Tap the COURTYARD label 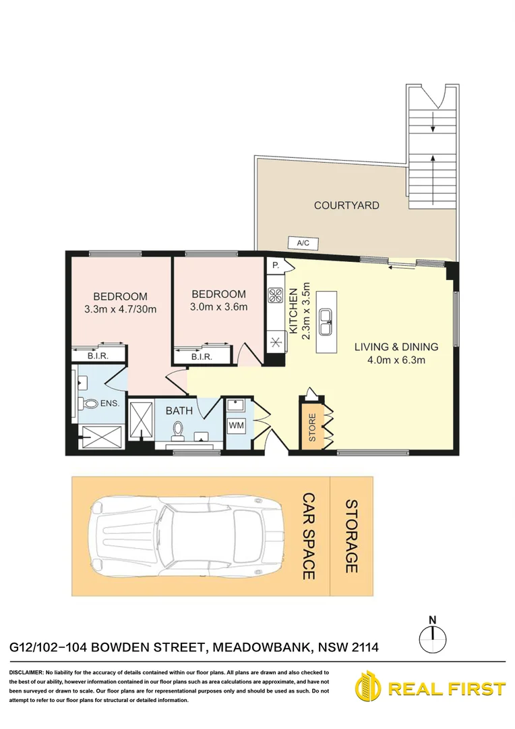click(x=346, y=205)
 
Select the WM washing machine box click(x=237, y=426)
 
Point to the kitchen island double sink click(x=326, y=321)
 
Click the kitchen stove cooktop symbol click(x=276, y=294)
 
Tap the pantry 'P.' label click(x=275, y=266)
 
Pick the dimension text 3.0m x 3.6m click(x=219, y=307)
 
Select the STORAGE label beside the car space click(x=351, y=536)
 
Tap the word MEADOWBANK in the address click(x=260, y=647)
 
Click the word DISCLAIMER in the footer click(x=26, y=673)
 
